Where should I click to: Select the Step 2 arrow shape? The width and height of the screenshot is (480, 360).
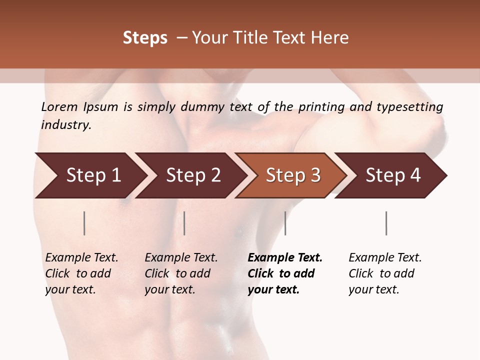tap(192, 175)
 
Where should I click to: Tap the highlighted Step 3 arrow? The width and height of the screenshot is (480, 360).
tap(292, 175)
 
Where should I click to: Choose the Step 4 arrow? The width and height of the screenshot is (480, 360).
tap(392, 175)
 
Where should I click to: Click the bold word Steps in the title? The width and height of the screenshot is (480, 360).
tap(145, 38)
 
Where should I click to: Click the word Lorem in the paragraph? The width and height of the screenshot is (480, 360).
tap(59, 107)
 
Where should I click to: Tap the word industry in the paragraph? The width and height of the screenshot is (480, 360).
tap(66, 125)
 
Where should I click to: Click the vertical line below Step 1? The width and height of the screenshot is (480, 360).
tap(84, 223)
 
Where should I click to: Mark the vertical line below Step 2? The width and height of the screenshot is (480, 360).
tap(184, 223)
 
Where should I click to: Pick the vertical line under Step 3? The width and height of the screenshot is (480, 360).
tap(285, 223)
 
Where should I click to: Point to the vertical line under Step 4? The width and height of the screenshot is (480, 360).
tap(386, 223)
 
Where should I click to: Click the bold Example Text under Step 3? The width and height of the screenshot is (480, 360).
tap(285, 258)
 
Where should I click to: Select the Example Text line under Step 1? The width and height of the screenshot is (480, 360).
tap(81, 258)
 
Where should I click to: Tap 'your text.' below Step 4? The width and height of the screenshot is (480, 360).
tap(373, 289)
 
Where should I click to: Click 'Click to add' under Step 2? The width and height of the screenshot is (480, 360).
tap(177, 273)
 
